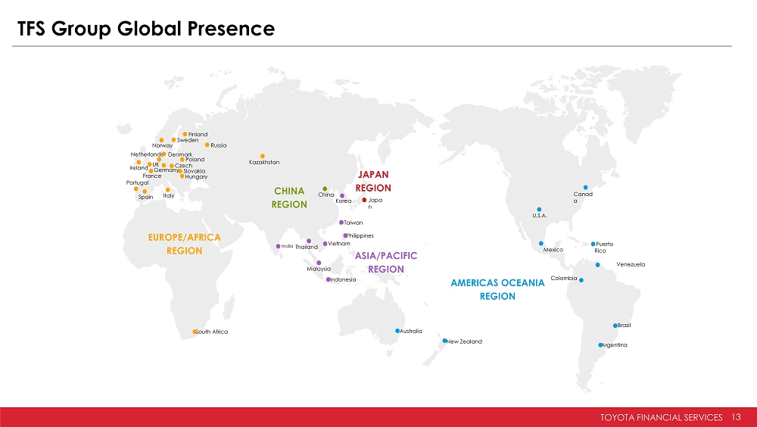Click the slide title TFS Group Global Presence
(146, 29)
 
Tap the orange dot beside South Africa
(195, 332)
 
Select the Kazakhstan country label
(264, 162)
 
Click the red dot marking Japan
(364, 200)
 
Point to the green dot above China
(325, 189)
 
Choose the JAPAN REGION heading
(373, 181)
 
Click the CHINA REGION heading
(289, 198)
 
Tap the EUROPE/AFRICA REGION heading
(185, 244)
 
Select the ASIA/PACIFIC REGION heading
(386, 262)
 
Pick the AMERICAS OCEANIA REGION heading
(497, 289)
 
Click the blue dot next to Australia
(397, 331)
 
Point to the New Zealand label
(465, 341)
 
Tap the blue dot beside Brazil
(615, 326)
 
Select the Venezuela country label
(631, 264)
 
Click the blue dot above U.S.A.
(539, 210)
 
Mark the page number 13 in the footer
(736, 417)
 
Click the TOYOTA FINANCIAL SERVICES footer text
(662, 417)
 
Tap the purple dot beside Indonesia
(329, 279)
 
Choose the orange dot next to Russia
(207, 145)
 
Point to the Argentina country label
(615, 345)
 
